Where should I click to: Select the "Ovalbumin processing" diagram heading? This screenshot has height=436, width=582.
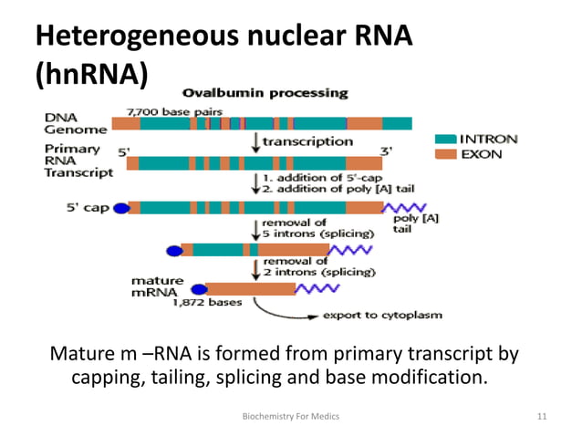click(265, 93)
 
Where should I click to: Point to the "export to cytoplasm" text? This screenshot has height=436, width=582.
click(383, 316)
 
